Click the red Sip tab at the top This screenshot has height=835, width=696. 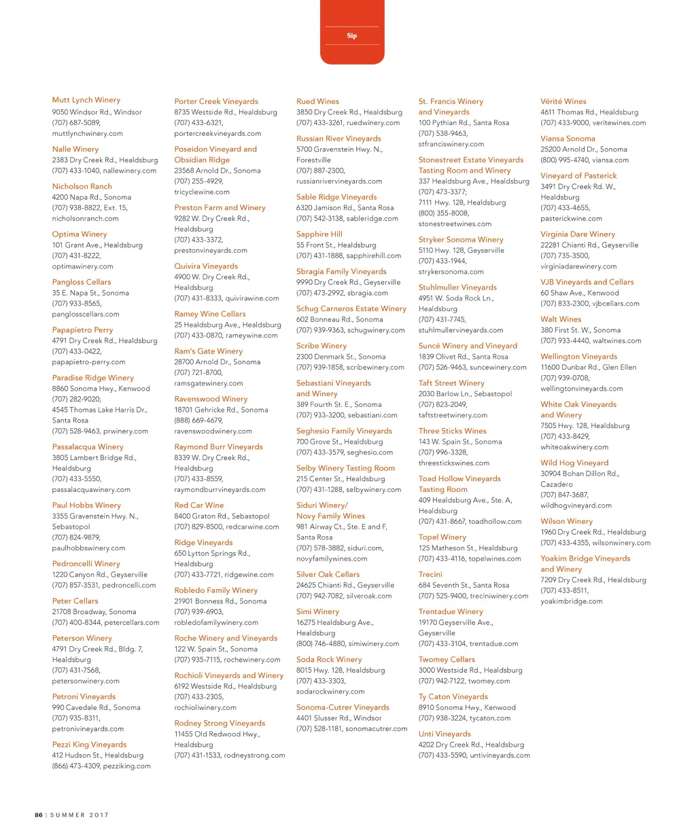click(x=351, y=35)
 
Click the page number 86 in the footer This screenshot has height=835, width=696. click(x=39, y=815)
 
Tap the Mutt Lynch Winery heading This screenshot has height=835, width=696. click(x=86, y=100)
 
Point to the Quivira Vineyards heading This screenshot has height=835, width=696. click(x=206, y=266)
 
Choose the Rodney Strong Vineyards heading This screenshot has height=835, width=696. click(x=220, y=723)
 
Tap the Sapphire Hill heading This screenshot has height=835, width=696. click(x=319, y=234)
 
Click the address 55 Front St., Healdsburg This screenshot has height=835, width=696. click(x=336, y=245)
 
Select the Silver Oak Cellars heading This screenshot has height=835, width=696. click(x=328, y=574)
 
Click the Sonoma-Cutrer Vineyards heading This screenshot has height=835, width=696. click(x=343, y=707)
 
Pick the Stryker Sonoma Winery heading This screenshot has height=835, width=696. click(x=461, y=240)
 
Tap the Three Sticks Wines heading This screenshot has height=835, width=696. click(x=452, y=431)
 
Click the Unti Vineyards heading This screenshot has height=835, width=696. click(x=445, y=734)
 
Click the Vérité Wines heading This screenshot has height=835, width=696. click(x=563, y=101)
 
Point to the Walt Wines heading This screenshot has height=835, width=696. click(x=561, y=319)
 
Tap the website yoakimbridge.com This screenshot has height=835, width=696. click(x=571, y=601)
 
